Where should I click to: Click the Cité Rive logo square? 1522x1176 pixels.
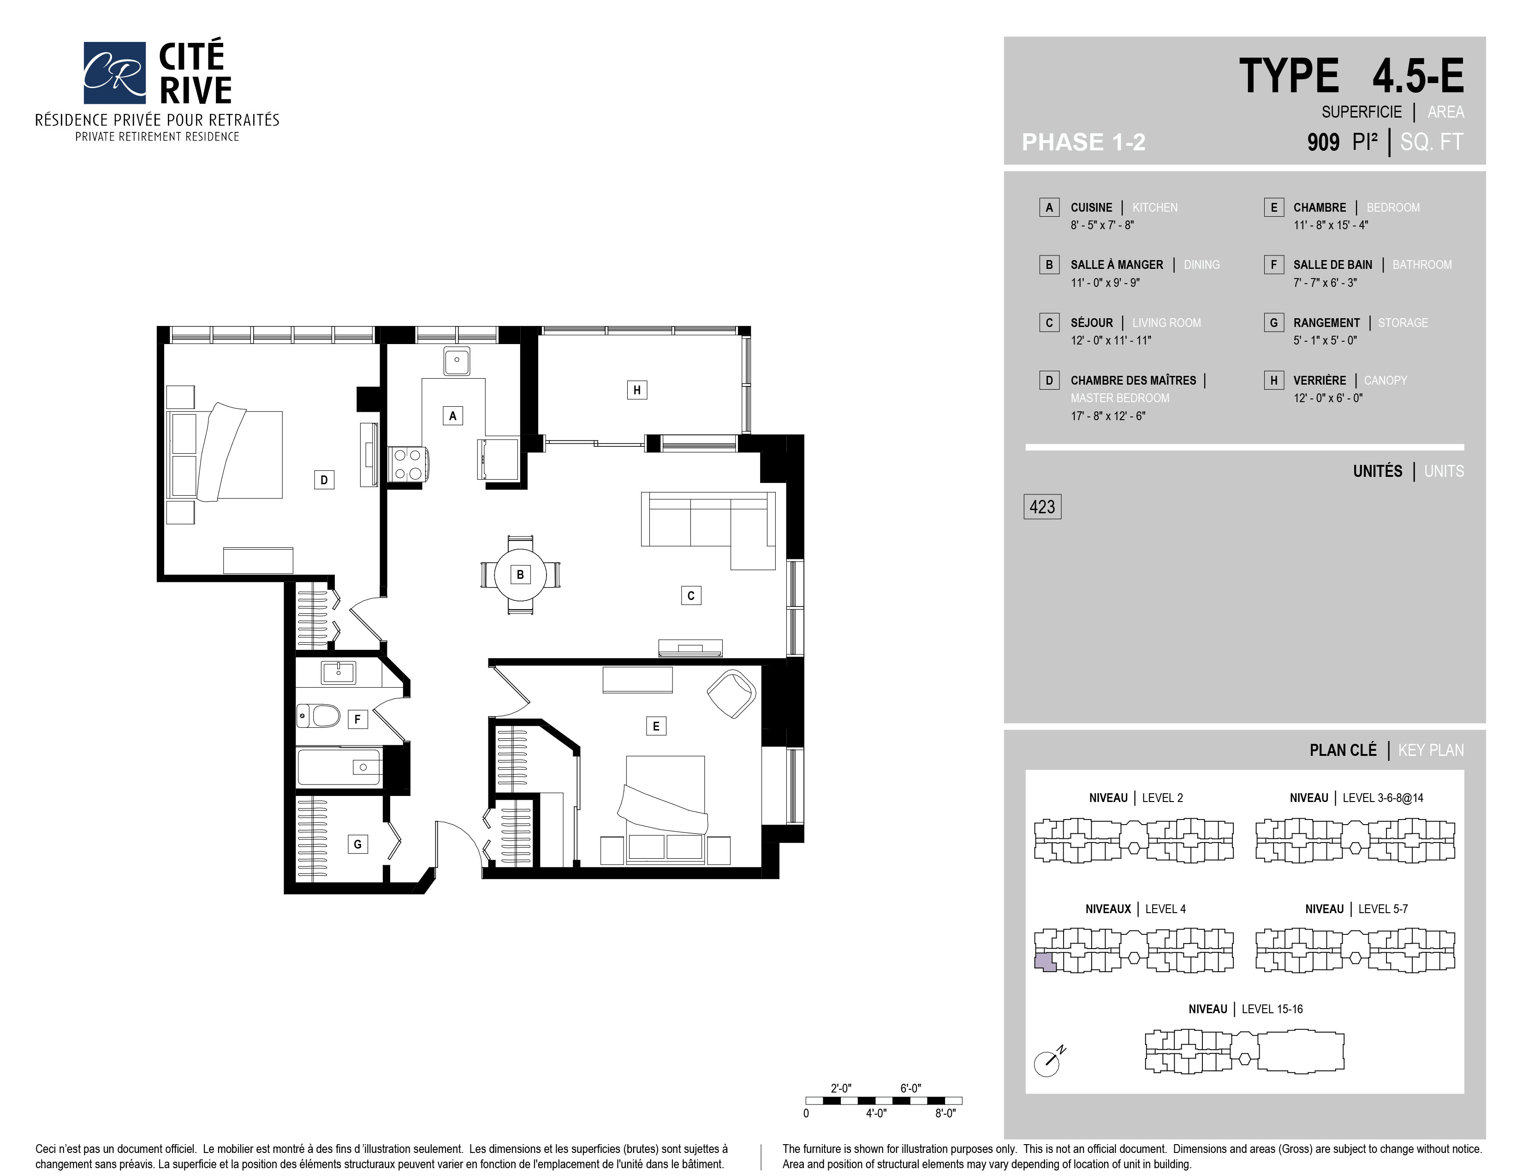(x=114, y=72)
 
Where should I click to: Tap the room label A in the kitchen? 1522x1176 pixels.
(x=452, y=416)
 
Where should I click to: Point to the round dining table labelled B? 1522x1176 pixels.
(x=520, y=575)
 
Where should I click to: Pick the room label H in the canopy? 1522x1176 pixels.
(x=636, y=390)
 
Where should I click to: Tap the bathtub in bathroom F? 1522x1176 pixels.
(x=339, y=767)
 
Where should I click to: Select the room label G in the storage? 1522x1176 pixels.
(x=357, y=844)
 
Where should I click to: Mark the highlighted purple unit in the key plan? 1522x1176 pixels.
(x=1045, y=962)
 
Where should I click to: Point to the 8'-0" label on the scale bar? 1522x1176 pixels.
(x=945, y=1113)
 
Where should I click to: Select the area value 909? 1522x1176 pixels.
(x=1323, y=142)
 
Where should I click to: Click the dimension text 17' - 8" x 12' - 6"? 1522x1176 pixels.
(x=1108, y=416)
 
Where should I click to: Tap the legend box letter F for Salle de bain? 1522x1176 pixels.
(x=1273, y=265)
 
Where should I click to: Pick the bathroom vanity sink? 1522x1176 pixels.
(x=339, y=672)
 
